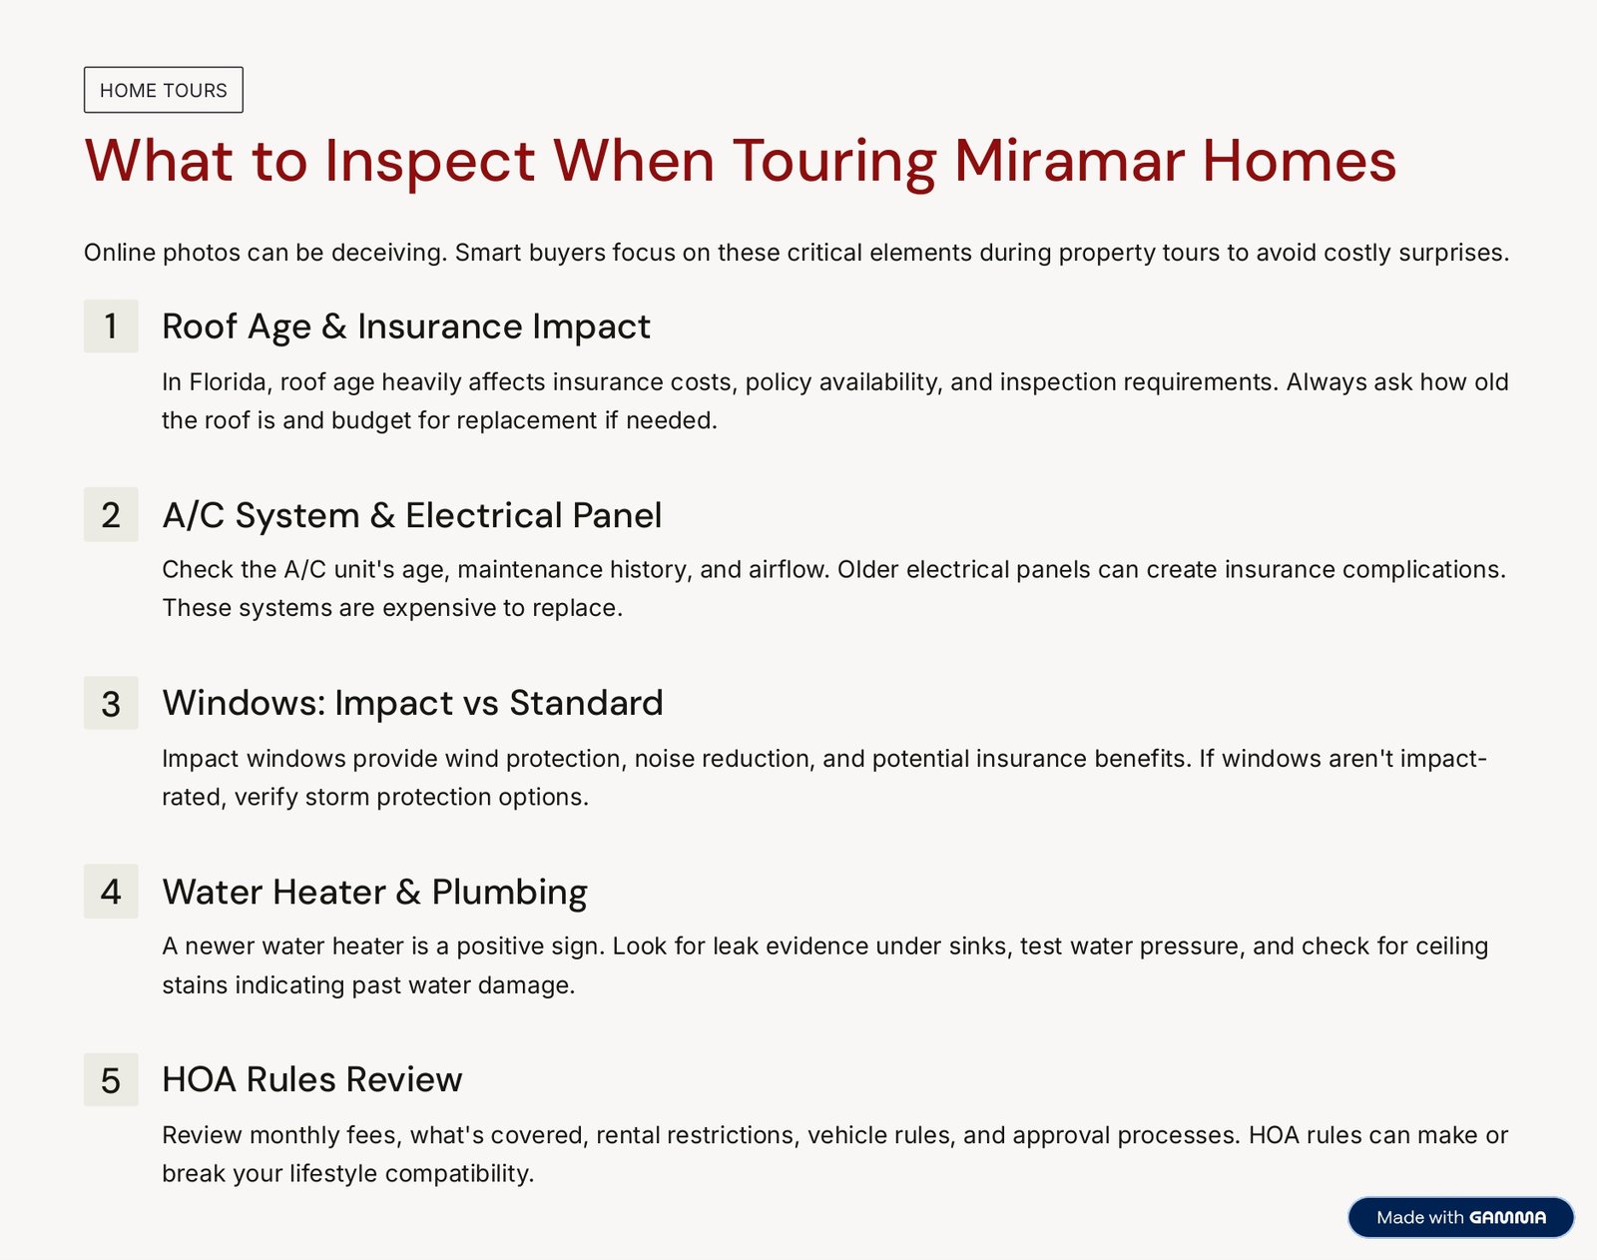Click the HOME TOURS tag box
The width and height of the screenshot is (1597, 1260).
pos(164,90)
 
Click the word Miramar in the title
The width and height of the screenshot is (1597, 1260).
pos(1068,161)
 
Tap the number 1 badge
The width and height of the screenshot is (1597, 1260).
pos(111,325)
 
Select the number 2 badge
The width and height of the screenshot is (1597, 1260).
pos(111,514)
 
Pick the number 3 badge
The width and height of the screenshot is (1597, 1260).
pos(111,703)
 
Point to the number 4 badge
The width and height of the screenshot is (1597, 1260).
pos(111,891)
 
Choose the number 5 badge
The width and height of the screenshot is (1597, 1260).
pos(111,1079)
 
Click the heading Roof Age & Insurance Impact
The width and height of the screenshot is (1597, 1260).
pos(406,326)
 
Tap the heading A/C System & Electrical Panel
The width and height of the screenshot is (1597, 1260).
pos(412,514)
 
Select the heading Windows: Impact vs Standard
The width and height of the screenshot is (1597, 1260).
pos(412,703)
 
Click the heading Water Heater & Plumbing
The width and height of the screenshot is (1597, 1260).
pos(374,892)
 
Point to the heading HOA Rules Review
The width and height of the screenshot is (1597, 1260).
pos(311,1079)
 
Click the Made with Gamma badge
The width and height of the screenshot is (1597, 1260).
pos(1460,1217)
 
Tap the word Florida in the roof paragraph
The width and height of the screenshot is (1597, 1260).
pos(228,381)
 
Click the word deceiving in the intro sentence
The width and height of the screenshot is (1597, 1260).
pos(389,253)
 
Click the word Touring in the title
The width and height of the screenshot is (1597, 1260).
pos(834,162)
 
